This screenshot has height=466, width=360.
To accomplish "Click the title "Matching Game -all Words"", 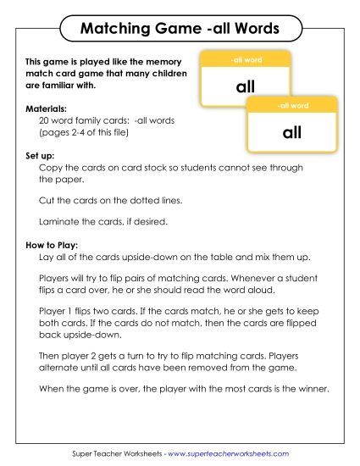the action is click(x=179, y=30).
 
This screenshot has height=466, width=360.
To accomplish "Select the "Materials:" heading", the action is click(x=46, y=110).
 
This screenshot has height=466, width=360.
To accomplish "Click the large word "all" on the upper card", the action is click(x=246, y=87).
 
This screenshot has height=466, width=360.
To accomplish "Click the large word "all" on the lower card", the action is click(x=292, y=133).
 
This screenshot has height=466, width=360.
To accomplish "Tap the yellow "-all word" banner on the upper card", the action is click(x=246, y=60).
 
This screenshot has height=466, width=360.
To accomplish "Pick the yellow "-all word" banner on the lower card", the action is click(x=292, y=106).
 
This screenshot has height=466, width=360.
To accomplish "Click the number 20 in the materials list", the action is click(x=45, y=121).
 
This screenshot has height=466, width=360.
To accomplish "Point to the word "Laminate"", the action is click(x=59, y=221).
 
